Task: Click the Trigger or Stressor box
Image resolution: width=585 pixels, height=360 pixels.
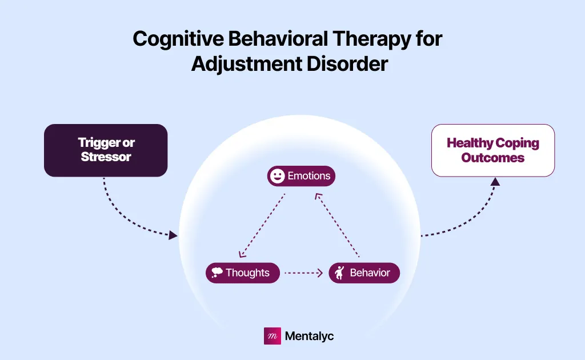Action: [x=106, y=150]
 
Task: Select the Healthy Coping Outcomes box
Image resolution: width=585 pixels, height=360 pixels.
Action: [x=492, y=150]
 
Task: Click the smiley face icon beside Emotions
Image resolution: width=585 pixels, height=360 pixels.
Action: [x=277, y=176]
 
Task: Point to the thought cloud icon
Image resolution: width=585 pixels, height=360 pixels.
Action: [x=217, y=273]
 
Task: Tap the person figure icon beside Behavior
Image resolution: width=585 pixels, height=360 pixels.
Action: [x=339, y=273]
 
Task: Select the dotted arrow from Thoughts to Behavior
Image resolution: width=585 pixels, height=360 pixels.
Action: [x=303, y=273]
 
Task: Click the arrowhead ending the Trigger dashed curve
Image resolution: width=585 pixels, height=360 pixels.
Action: [x=173, y=235]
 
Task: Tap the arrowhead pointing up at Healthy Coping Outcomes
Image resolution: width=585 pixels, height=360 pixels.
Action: [x=495, y=182]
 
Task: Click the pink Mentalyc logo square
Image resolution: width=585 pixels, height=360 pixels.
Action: [x=272, y=336]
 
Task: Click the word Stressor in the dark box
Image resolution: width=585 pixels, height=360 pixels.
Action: [x=106, y=156]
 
